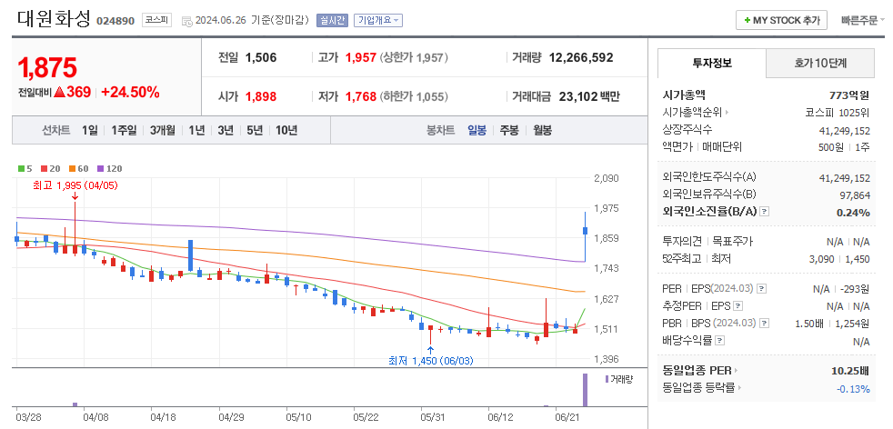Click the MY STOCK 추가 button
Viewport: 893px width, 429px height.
click(782, 20)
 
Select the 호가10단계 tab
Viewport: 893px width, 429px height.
click(819, 63)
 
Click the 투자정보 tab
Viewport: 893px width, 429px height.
click(712, 63)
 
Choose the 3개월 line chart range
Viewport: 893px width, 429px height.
click(164, 130)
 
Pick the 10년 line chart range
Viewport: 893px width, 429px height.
click(286, 130)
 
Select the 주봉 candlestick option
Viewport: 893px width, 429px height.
click(508, 130)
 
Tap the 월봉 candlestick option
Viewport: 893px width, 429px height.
click(542, 130)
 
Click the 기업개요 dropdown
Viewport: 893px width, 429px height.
click(378, 20)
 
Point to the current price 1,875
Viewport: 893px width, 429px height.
click(47, 67)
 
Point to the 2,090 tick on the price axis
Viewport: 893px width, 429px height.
click(606, 178)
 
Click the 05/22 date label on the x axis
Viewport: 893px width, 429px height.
click(366, 416)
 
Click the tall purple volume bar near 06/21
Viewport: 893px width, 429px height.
click(585, 390)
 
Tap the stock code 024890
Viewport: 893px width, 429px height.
click(115, 20)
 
